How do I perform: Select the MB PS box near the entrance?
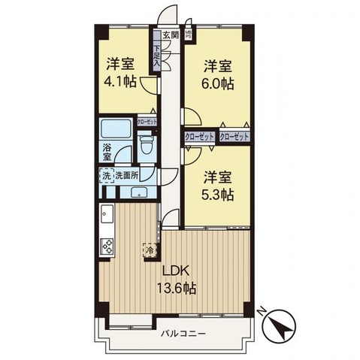(x=189, y=34)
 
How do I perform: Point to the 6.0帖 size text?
(x=217, y=83)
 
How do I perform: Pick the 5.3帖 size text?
(x=217, y=195)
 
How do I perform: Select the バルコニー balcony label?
(x=182, y=331)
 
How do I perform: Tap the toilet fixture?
(x=147, y=144)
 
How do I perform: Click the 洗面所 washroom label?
(x=127, y=176)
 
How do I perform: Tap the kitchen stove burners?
(x=107, y=246)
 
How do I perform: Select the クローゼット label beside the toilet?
(x=147, y=122)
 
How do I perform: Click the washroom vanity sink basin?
(x=140, y=192)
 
